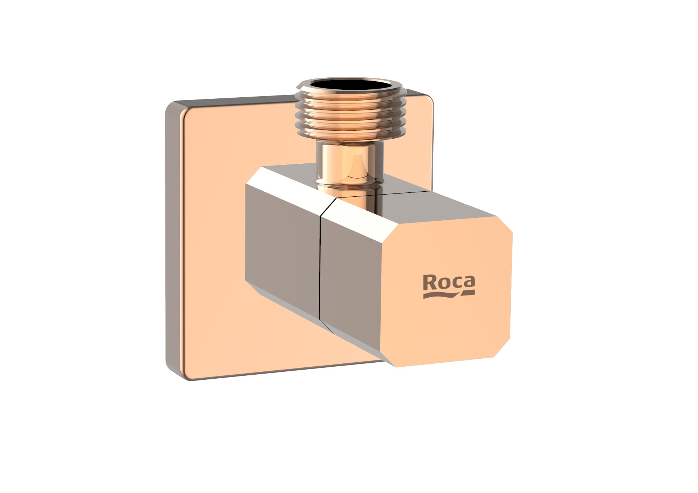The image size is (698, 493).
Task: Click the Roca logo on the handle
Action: tap(449, 287)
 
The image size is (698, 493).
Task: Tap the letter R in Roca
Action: tap(430, 282)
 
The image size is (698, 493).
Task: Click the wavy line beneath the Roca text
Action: tap(449, 295)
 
